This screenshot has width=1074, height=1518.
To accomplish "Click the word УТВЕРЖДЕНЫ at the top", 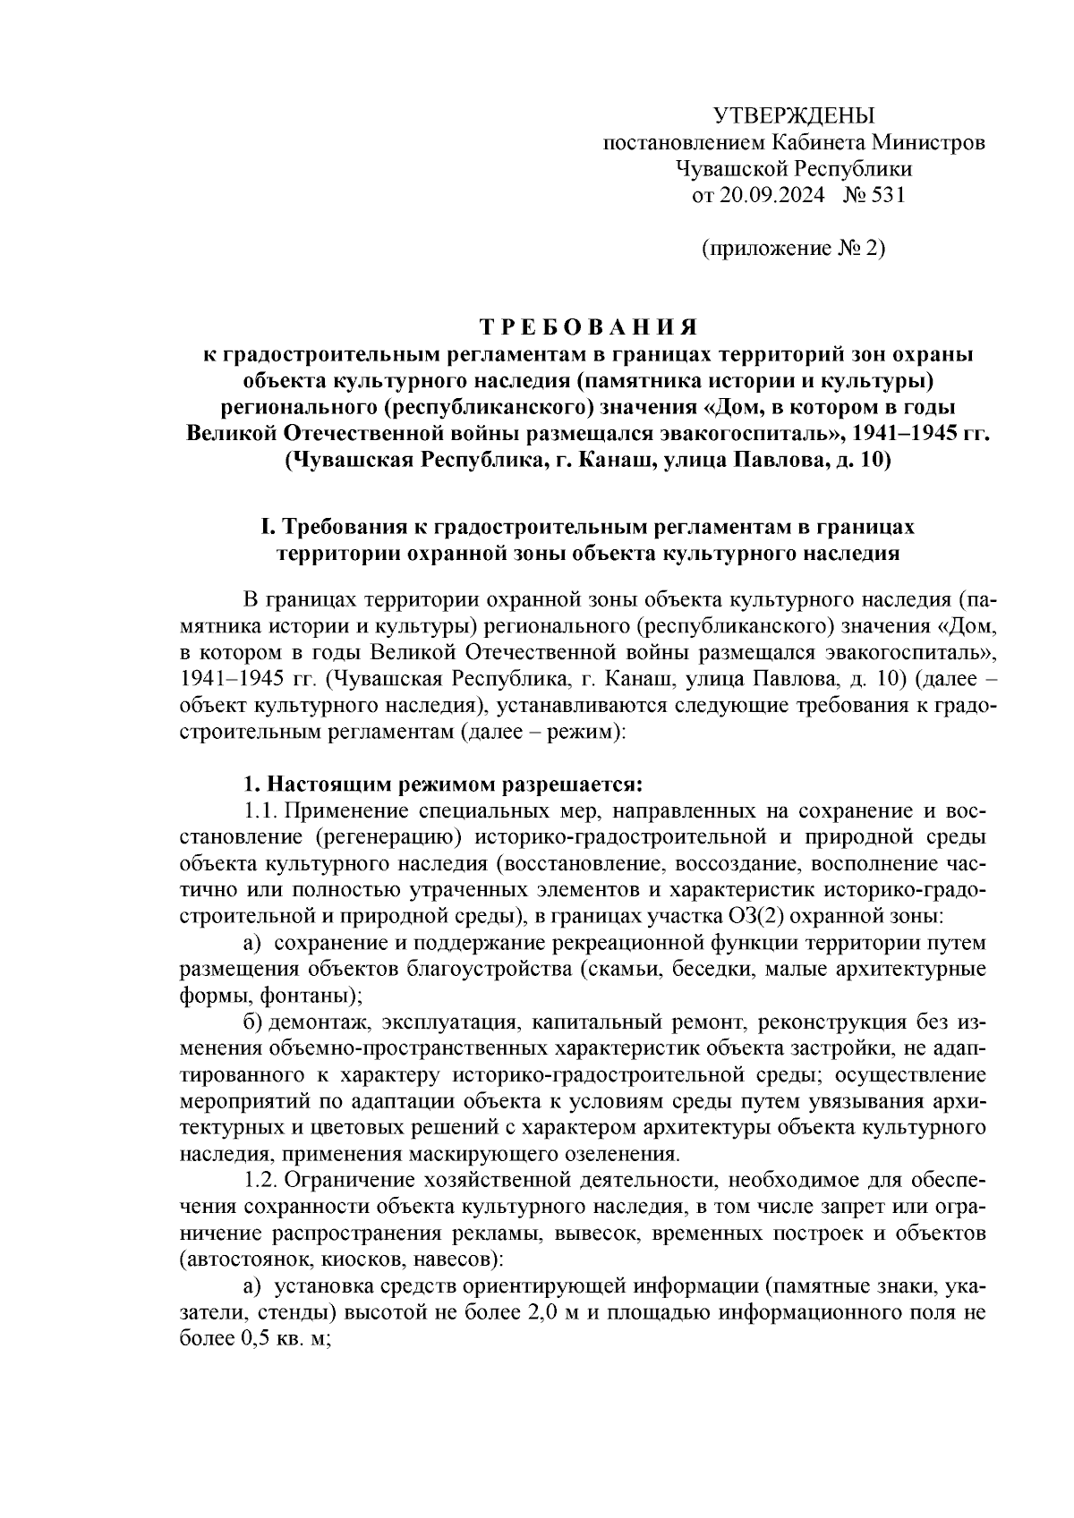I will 794,115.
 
